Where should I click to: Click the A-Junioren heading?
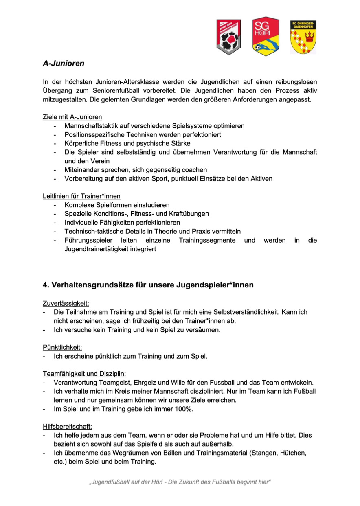64,64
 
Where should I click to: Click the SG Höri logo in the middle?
266,36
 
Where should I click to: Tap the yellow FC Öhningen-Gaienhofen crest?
303,37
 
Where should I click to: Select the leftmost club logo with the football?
228,37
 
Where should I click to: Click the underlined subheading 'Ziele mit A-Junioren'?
72,117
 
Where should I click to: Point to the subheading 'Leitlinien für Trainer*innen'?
81,196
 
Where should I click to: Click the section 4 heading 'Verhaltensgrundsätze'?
148,285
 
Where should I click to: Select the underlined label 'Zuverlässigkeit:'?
66,303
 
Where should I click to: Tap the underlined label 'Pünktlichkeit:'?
63,347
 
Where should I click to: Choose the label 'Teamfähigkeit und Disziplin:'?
84,374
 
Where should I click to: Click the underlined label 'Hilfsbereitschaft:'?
67,427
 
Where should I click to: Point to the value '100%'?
184,409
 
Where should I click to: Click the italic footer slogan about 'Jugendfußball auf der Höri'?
180,482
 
